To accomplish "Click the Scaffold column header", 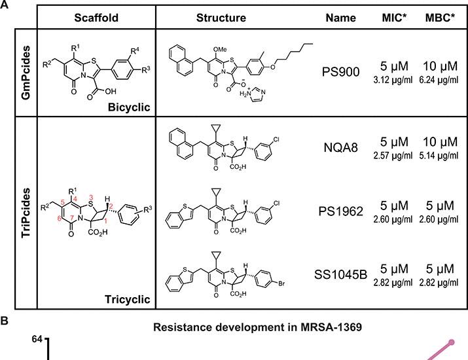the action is (96, 18).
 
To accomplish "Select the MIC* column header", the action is (394, 18).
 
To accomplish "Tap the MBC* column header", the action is (440, 18).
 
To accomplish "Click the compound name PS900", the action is (340, 71).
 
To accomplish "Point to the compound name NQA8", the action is (340, 147).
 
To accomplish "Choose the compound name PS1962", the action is (340, 211).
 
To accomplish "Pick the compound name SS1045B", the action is (340, 275).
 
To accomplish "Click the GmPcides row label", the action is (26, 73).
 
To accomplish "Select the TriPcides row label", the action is (26, 213).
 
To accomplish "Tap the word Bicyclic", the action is (129, 107).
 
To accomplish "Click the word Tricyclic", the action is (128, 299).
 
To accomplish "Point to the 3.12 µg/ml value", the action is (393, 80).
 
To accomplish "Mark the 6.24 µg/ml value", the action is (439, 80).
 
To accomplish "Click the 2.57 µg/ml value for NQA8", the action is (393, 156).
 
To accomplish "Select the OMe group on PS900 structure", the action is (221, 50).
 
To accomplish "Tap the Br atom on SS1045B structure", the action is (281, 283).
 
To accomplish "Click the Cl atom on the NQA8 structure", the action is (276, 139).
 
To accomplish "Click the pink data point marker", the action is (452, 342).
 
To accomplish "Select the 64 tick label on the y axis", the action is (37, 340).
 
